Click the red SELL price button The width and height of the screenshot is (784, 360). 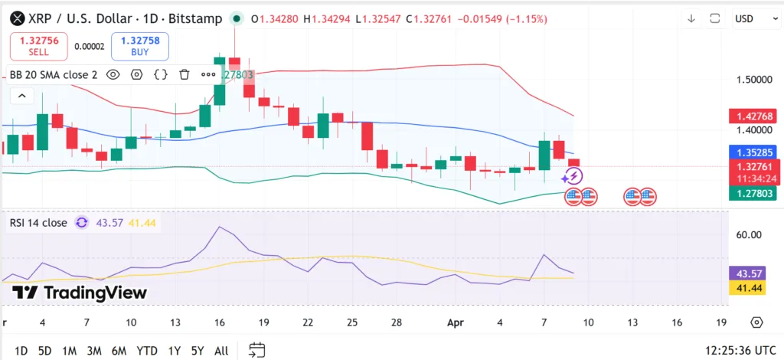point(38,46)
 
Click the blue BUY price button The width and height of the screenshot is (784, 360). point(140,46)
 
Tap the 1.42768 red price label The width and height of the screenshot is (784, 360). point(755,116)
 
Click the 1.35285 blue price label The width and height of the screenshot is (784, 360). point(755,152)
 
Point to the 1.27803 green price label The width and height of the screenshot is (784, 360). point(755,193)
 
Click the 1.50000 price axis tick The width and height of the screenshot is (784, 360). point(755,80)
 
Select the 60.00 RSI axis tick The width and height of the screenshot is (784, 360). point(748,235)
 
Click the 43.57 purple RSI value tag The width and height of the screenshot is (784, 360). point(748,273)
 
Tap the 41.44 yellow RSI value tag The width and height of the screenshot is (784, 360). point(748,287)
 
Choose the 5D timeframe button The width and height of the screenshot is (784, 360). point(45,351)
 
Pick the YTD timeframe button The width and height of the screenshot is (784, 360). point(146,351)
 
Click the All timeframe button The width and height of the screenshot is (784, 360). point(221,351)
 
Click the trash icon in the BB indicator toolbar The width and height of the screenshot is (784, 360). point(185,74)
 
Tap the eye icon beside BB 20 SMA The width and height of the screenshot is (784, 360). point(113,74)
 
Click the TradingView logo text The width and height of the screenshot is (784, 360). point(80,292)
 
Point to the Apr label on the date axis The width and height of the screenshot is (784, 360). point(456,322)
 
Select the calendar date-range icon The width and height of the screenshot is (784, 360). point(257,350)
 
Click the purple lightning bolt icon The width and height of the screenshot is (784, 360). point(573,176)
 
